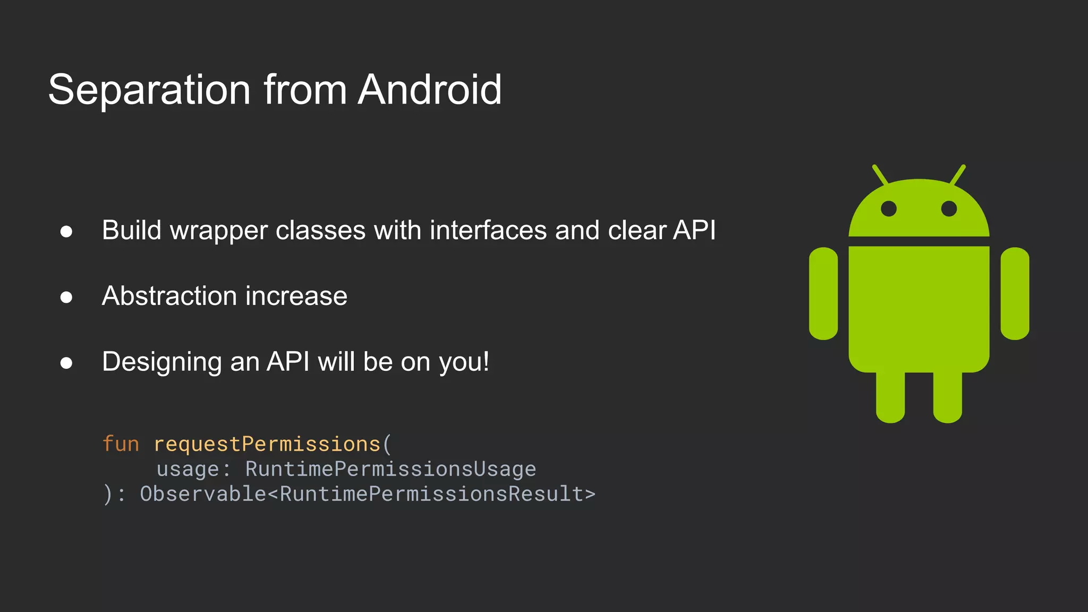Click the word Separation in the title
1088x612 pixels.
[x=149, y=90]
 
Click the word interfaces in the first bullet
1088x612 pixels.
[x=488, y=231]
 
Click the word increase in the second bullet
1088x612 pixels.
[x=296, y=296]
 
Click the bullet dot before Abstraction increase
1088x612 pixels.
[x=66, y=297]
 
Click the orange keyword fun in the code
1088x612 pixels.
[x=121, y=444]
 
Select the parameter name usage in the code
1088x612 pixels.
[x=188, y=469]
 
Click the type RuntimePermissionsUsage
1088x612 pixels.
[x=390, y=469]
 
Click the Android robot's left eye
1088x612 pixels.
[x=889, y=208]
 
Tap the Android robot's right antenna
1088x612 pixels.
[x=958, y=175]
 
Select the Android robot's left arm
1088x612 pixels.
[x=823, y=293]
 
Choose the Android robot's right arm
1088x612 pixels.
[x=1015, y=293]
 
